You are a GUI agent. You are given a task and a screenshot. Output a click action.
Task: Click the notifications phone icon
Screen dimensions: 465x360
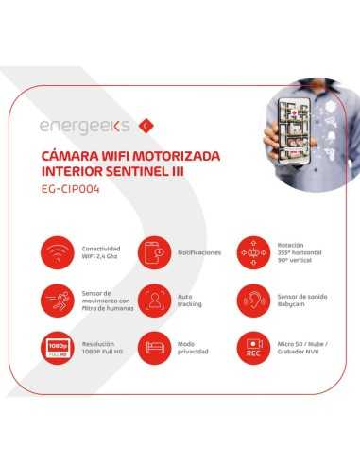pyautogui.click(x=154, y=253)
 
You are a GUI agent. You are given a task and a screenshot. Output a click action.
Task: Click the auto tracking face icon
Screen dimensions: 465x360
pyautogui.click(x=154, y=301)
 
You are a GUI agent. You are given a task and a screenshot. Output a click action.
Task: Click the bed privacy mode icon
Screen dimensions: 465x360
pyautogui.click(x=154, y=349)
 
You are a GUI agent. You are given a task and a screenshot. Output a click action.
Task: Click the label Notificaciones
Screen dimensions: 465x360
pyautogui.click(x=199, y=253)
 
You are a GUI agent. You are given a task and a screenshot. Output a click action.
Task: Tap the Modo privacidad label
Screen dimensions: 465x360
pyautogui.click(x=194, y=349)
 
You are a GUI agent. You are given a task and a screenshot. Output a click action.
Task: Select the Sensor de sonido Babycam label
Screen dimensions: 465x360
pyautogui.click(x=301, y=301)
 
